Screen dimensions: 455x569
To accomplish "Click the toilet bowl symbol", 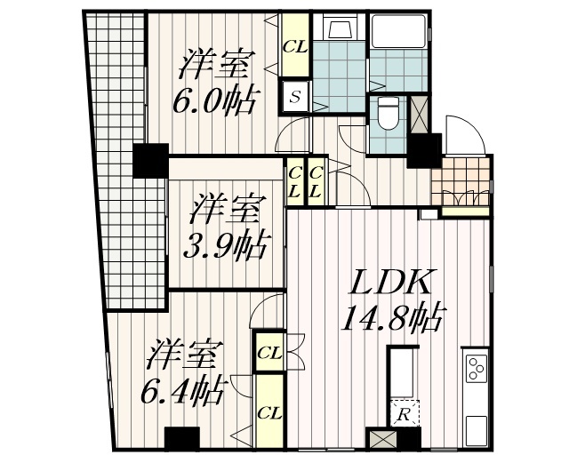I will [x=389, y=114].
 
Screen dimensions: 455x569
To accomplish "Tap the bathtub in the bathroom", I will [x=397, y=36].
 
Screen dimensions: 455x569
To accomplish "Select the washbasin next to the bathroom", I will [x=338, y=30].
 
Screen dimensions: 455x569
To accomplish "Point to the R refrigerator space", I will [x=404, y=413].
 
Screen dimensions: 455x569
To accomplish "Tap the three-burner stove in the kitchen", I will [x=475, y=365].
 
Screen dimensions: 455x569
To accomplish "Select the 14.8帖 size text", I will [x=391, y=316].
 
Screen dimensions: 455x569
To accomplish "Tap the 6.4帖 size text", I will [x=184, y=388].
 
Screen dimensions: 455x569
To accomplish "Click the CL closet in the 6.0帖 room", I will [x=295, y=47].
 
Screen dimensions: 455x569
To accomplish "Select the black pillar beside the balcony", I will [x=148, y=161].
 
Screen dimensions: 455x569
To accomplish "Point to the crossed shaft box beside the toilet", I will [x=420, y=114].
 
